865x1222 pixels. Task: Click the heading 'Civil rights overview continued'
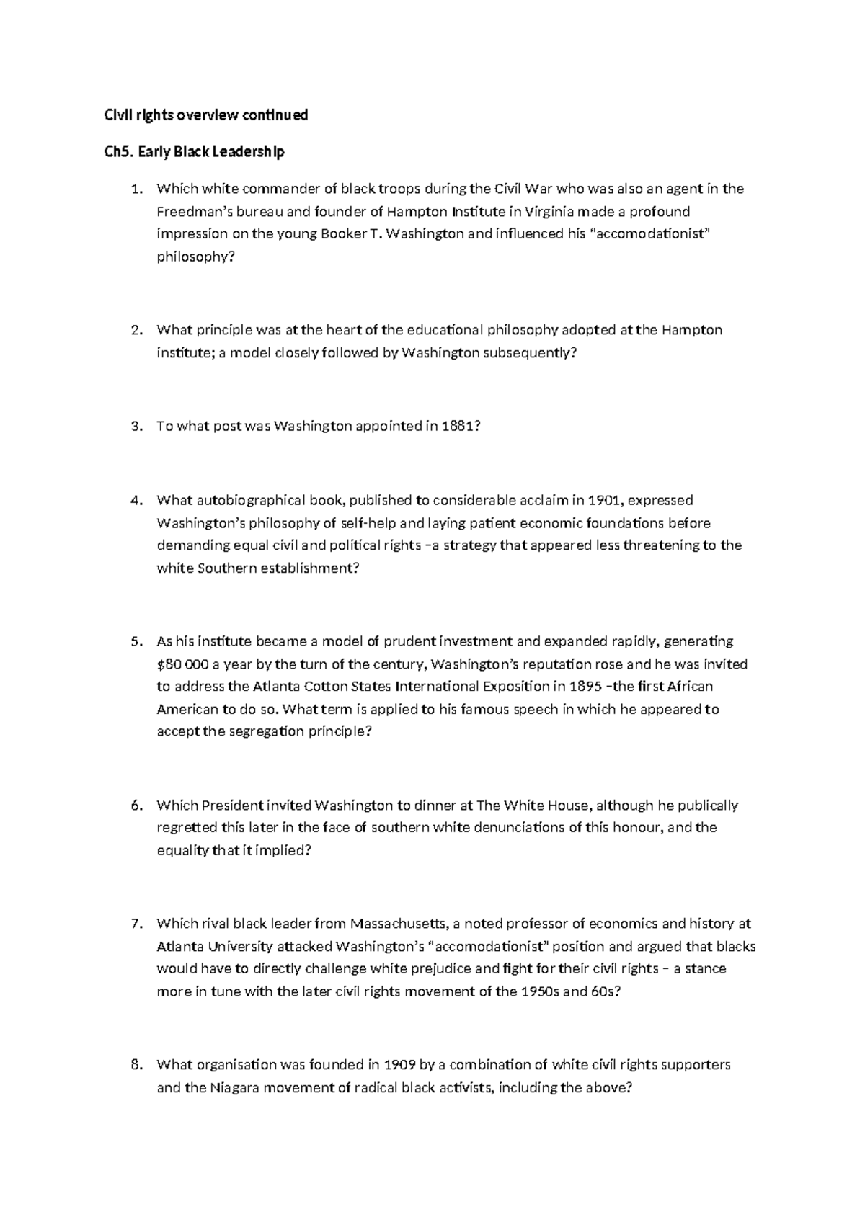[206, 115]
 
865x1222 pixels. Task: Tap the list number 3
[136, 427]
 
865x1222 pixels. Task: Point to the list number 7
[136, 924]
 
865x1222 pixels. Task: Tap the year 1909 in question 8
[400, 1065]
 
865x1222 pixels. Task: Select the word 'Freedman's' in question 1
[192, 212]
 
